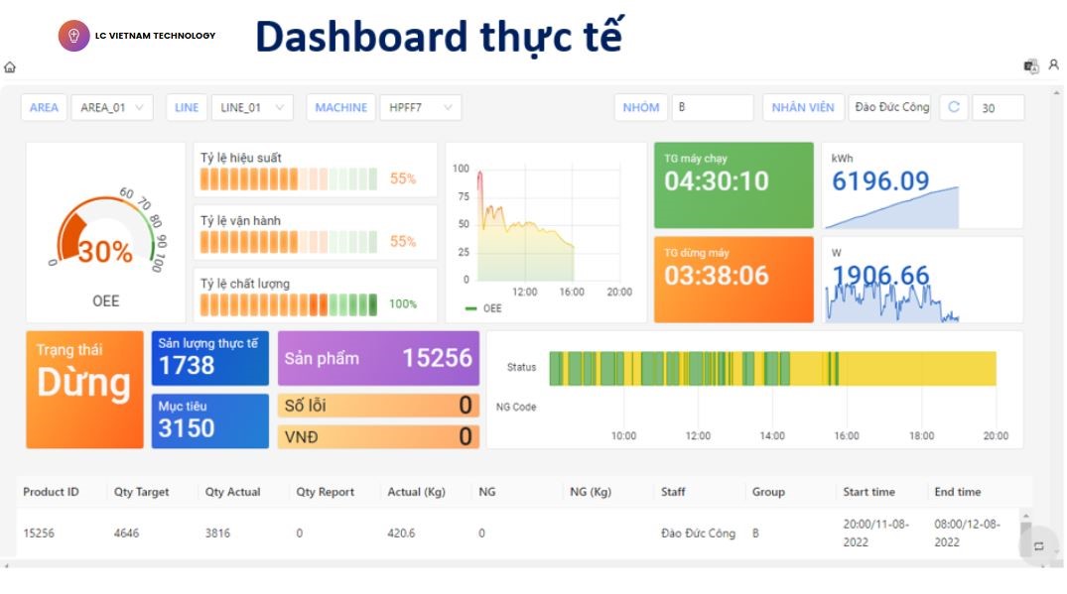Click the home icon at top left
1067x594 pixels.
pos(10,67)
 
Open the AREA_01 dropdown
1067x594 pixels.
pos(111,107)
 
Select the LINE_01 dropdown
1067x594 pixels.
pos(251,107)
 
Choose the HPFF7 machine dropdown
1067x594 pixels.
pos(420,107)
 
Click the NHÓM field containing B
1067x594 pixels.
pos(712,107)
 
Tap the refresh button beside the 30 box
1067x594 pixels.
pos(954,107)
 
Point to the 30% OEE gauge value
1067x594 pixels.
pos(105,252)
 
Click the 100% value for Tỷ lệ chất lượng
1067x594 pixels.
pos(403,304)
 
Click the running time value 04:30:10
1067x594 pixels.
pos(717,181)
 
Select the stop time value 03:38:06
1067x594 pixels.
pos(717,276)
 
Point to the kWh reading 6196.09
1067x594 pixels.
pos(880,180)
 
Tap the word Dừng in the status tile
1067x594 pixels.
pos(84,383)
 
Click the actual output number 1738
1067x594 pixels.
pos(187,366)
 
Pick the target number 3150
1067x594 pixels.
pos(187,428)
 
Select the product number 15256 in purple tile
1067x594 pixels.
pos(437,358)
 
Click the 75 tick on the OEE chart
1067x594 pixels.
pos(462,196)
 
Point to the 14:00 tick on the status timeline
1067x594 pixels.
pos(772,435)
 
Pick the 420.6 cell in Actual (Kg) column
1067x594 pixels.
pos(401,533)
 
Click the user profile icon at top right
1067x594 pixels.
pos(1053,65)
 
